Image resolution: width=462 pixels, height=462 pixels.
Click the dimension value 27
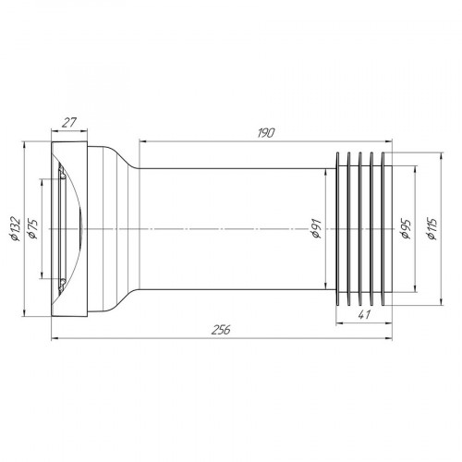pos(68,120)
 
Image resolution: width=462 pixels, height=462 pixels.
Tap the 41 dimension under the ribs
pos(362,315)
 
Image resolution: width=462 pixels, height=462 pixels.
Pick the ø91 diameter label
pos(317,228)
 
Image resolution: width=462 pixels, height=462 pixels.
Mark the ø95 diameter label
pos(407,228)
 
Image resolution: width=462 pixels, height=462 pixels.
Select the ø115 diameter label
pos(431,228)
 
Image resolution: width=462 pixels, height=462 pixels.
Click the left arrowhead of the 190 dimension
pos(142,140)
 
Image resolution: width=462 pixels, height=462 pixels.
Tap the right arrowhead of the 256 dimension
pos(389,338)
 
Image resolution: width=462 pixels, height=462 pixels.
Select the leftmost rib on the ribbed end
pos(343,228)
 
